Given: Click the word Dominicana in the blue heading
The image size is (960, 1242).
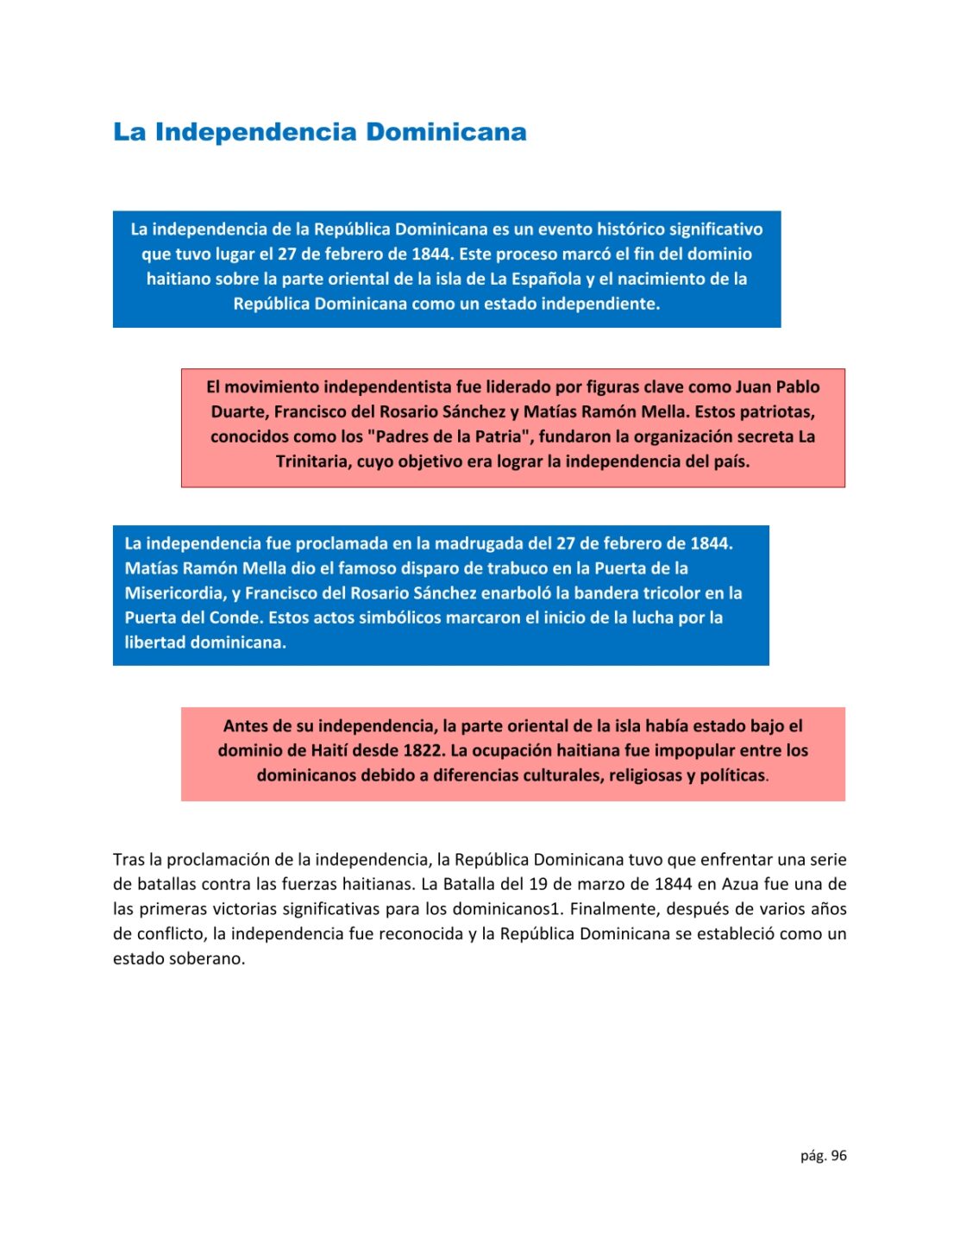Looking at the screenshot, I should coord(446,132).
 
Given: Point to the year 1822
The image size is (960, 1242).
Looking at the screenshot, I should coord(423,750).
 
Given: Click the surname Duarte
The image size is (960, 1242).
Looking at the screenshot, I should coord(240,411).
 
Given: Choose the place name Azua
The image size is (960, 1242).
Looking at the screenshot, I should coord(740,884).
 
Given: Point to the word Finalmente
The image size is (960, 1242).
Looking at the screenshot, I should coord(614,909).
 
